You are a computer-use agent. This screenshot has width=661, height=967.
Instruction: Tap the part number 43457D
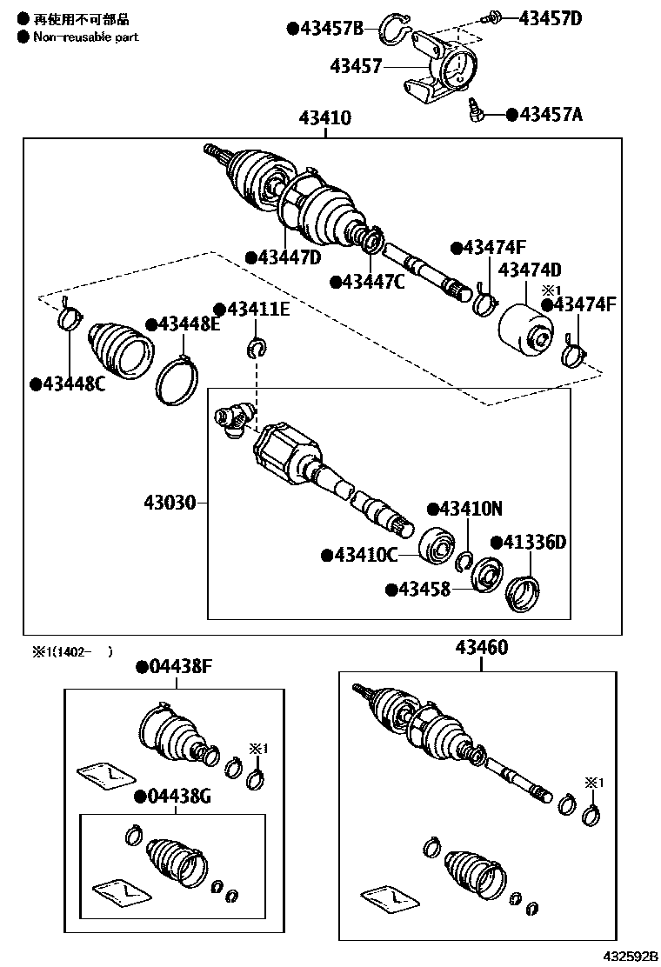click(x=551, y=17)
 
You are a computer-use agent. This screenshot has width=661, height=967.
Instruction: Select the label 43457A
click(x=551, y=114)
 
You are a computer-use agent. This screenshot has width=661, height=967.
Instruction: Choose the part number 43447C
click(x=373, y=281)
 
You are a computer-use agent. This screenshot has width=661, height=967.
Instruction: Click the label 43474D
click(x=530, y=270)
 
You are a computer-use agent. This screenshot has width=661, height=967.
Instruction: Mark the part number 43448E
click(x=189, y=324)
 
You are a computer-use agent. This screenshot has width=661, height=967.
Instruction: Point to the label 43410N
click(x=470, y=510)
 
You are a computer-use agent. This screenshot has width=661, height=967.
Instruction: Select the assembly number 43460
click(x=481, y=648)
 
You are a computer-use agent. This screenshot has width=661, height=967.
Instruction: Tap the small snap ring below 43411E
click(x=257, y=349)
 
